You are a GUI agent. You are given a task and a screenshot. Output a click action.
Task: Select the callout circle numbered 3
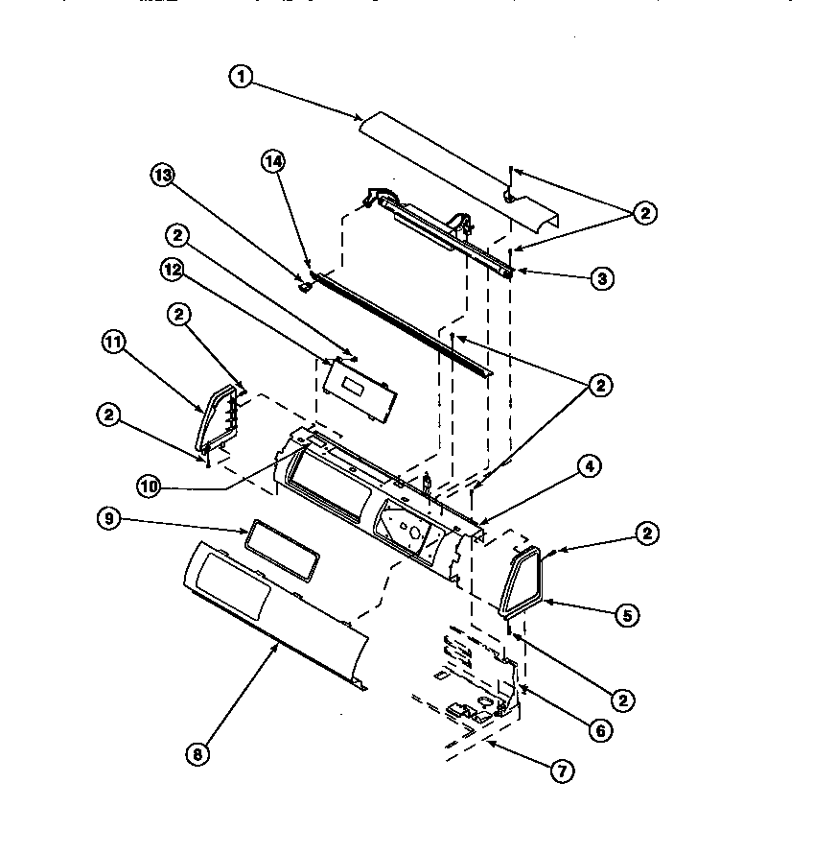point(601,278)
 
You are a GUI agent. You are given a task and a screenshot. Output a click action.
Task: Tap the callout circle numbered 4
point(589,467)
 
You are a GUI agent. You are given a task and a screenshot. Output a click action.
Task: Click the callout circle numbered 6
point(599,730)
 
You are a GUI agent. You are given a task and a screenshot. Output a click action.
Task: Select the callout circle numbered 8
point(197,754)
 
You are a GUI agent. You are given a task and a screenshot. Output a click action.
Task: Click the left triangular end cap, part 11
point(216,417)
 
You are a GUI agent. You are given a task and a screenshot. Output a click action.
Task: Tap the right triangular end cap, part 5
point(522,579)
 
